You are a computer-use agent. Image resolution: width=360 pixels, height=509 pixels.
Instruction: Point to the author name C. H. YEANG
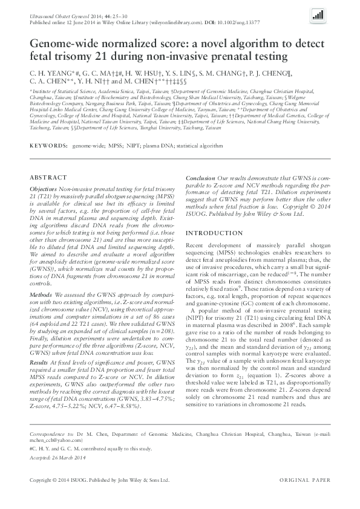click(51, 72)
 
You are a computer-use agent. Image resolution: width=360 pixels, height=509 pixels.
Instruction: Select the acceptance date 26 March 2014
click(63, 456)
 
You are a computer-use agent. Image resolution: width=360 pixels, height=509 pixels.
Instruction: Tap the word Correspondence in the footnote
click(47, 434)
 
